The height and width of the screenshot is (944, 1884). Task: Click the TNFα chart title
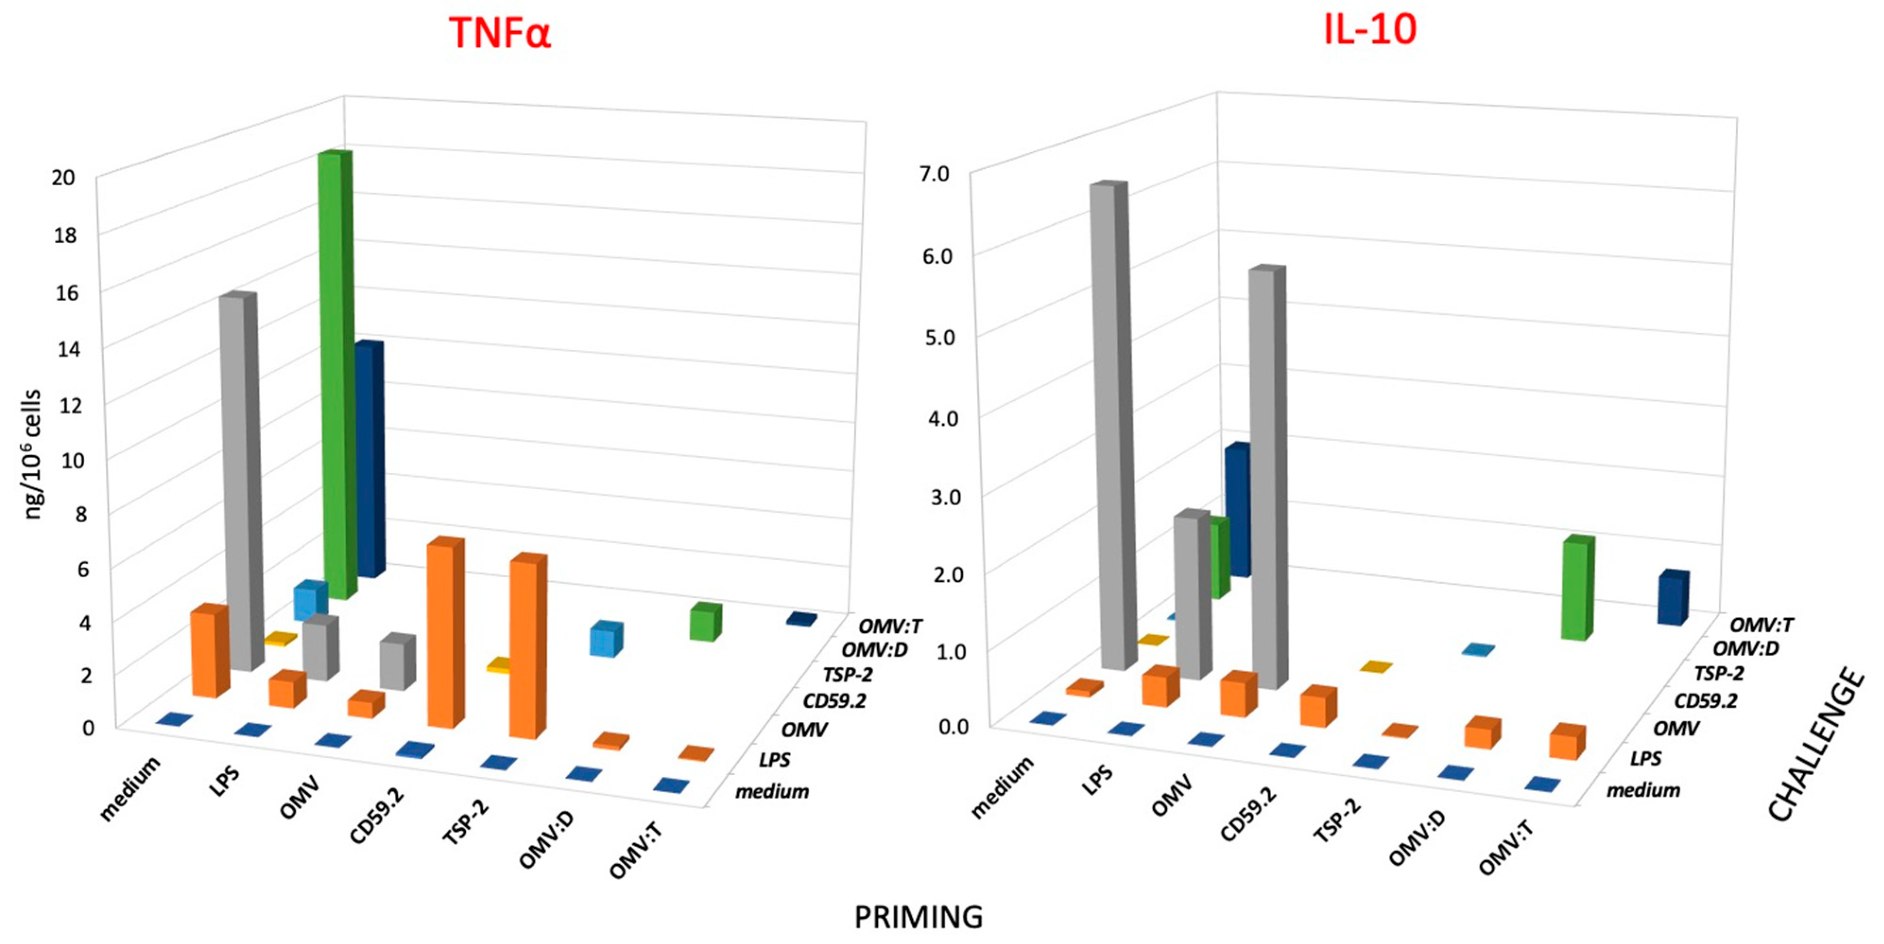tap(499, 34)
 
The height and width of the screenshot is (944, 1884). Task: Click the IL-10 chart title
tap(1370, 31)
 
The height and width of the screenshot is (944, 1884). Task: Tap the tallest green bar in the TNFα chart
tap(336, 373)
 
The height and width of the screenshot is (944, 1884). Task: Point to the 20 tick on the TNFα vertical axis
tap(64, 178)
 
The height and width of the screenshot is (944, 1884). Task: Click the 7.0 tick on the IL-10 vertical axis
tap(934, 174)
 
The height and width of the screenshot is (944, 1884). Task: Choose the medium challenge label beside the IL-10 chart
tap(1643, 790)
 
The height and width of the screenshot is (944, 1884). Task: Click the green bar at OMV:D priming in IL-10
tap(1577, 589)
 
